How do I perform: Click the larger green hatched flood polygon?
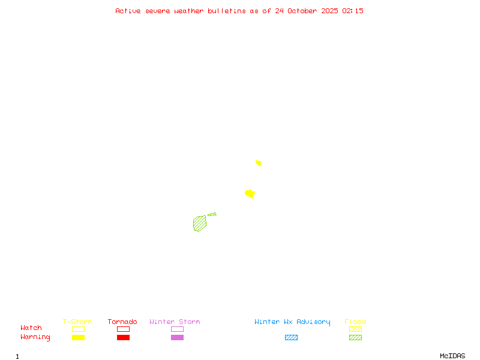(x=200, y=223)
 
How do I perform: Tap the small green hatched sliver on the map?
(x=212, y=214)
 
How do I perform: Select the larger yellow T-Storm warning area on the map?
(x=250, y=194)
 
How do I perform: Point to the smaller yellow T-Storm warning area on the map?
(x=259, y=163)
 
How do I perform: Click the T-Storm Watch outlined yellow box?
(x=78, y=329)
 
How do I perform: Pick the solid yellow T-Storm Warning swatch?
(x=78, y=337)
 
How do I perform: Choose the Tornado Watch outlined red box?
(x=123, y=329)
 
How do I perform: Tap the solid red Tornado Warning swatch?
(x=123, y=337)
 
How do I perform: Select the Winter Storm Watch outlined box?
(x=177, y=329)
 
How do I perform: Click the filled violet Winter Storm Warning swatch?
(x=177, y=337)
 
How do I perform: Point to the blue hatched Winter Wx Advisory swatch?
(x=291, y=337)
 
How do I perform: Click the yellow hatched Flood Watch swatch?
(x=355, y=329)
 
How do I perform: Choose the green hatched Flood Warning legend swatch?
(x=355, y=337)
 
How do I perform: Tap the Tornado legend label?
(x=122, y=322)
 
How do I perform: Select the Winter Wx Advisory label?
(x=292, y=322)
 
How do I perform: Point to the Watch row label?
(x=31, y=328)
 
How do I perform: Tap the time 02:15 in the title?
(x=353, y=11)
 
